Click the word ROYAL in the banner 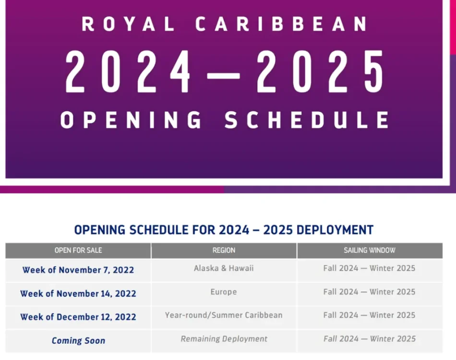[128, 24]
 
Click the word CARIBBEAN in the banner [281, 24]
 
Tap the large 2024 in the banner [128, 72]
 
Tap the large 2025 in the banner [320, 72]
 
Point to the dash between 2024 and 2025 [223, 76]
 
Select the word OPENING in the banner [131, 120]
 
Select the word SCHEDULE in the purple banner [307, 120]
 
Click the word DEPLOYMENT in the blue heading [335, 230]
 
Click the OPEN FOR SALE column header [78, 251]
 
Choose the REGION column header [224, 251]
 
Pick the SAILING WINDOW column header [370, 251]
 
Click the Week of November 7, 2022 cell [78, 270]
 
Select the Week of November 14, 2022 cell [78, 294]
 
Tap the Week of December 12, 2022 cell [78, 317]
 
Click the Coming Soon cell [78, 340]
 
